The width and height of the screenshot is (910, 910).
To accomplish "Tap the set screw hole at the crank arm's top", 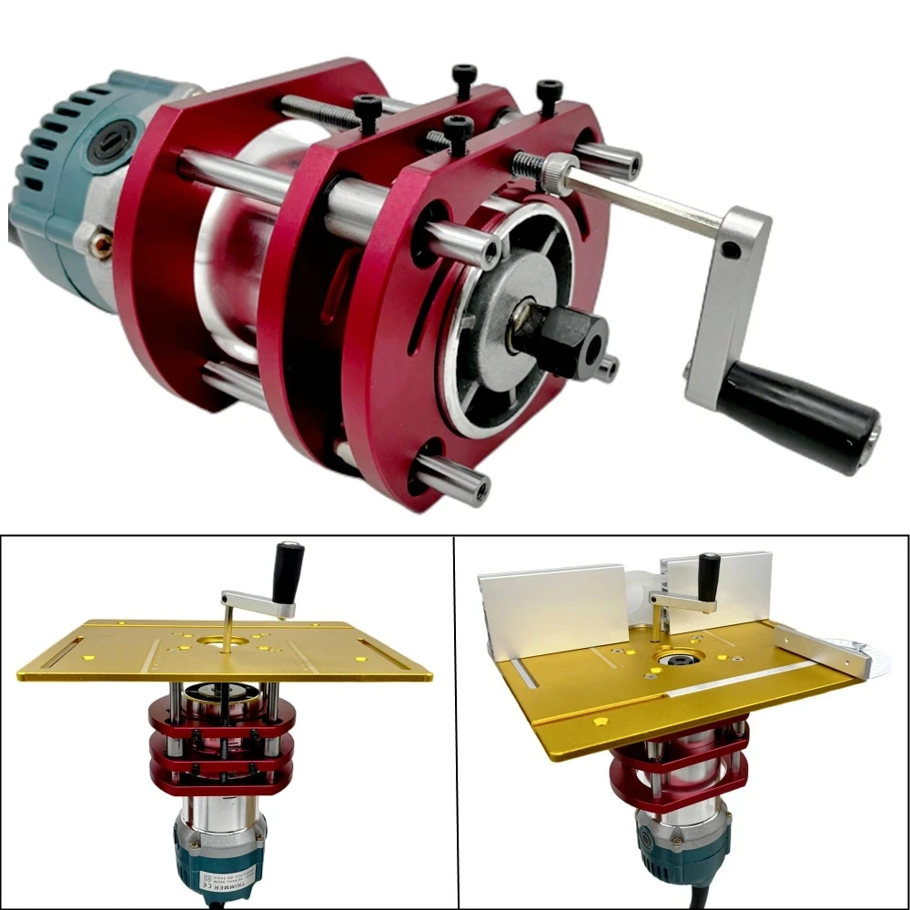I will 727,248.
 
